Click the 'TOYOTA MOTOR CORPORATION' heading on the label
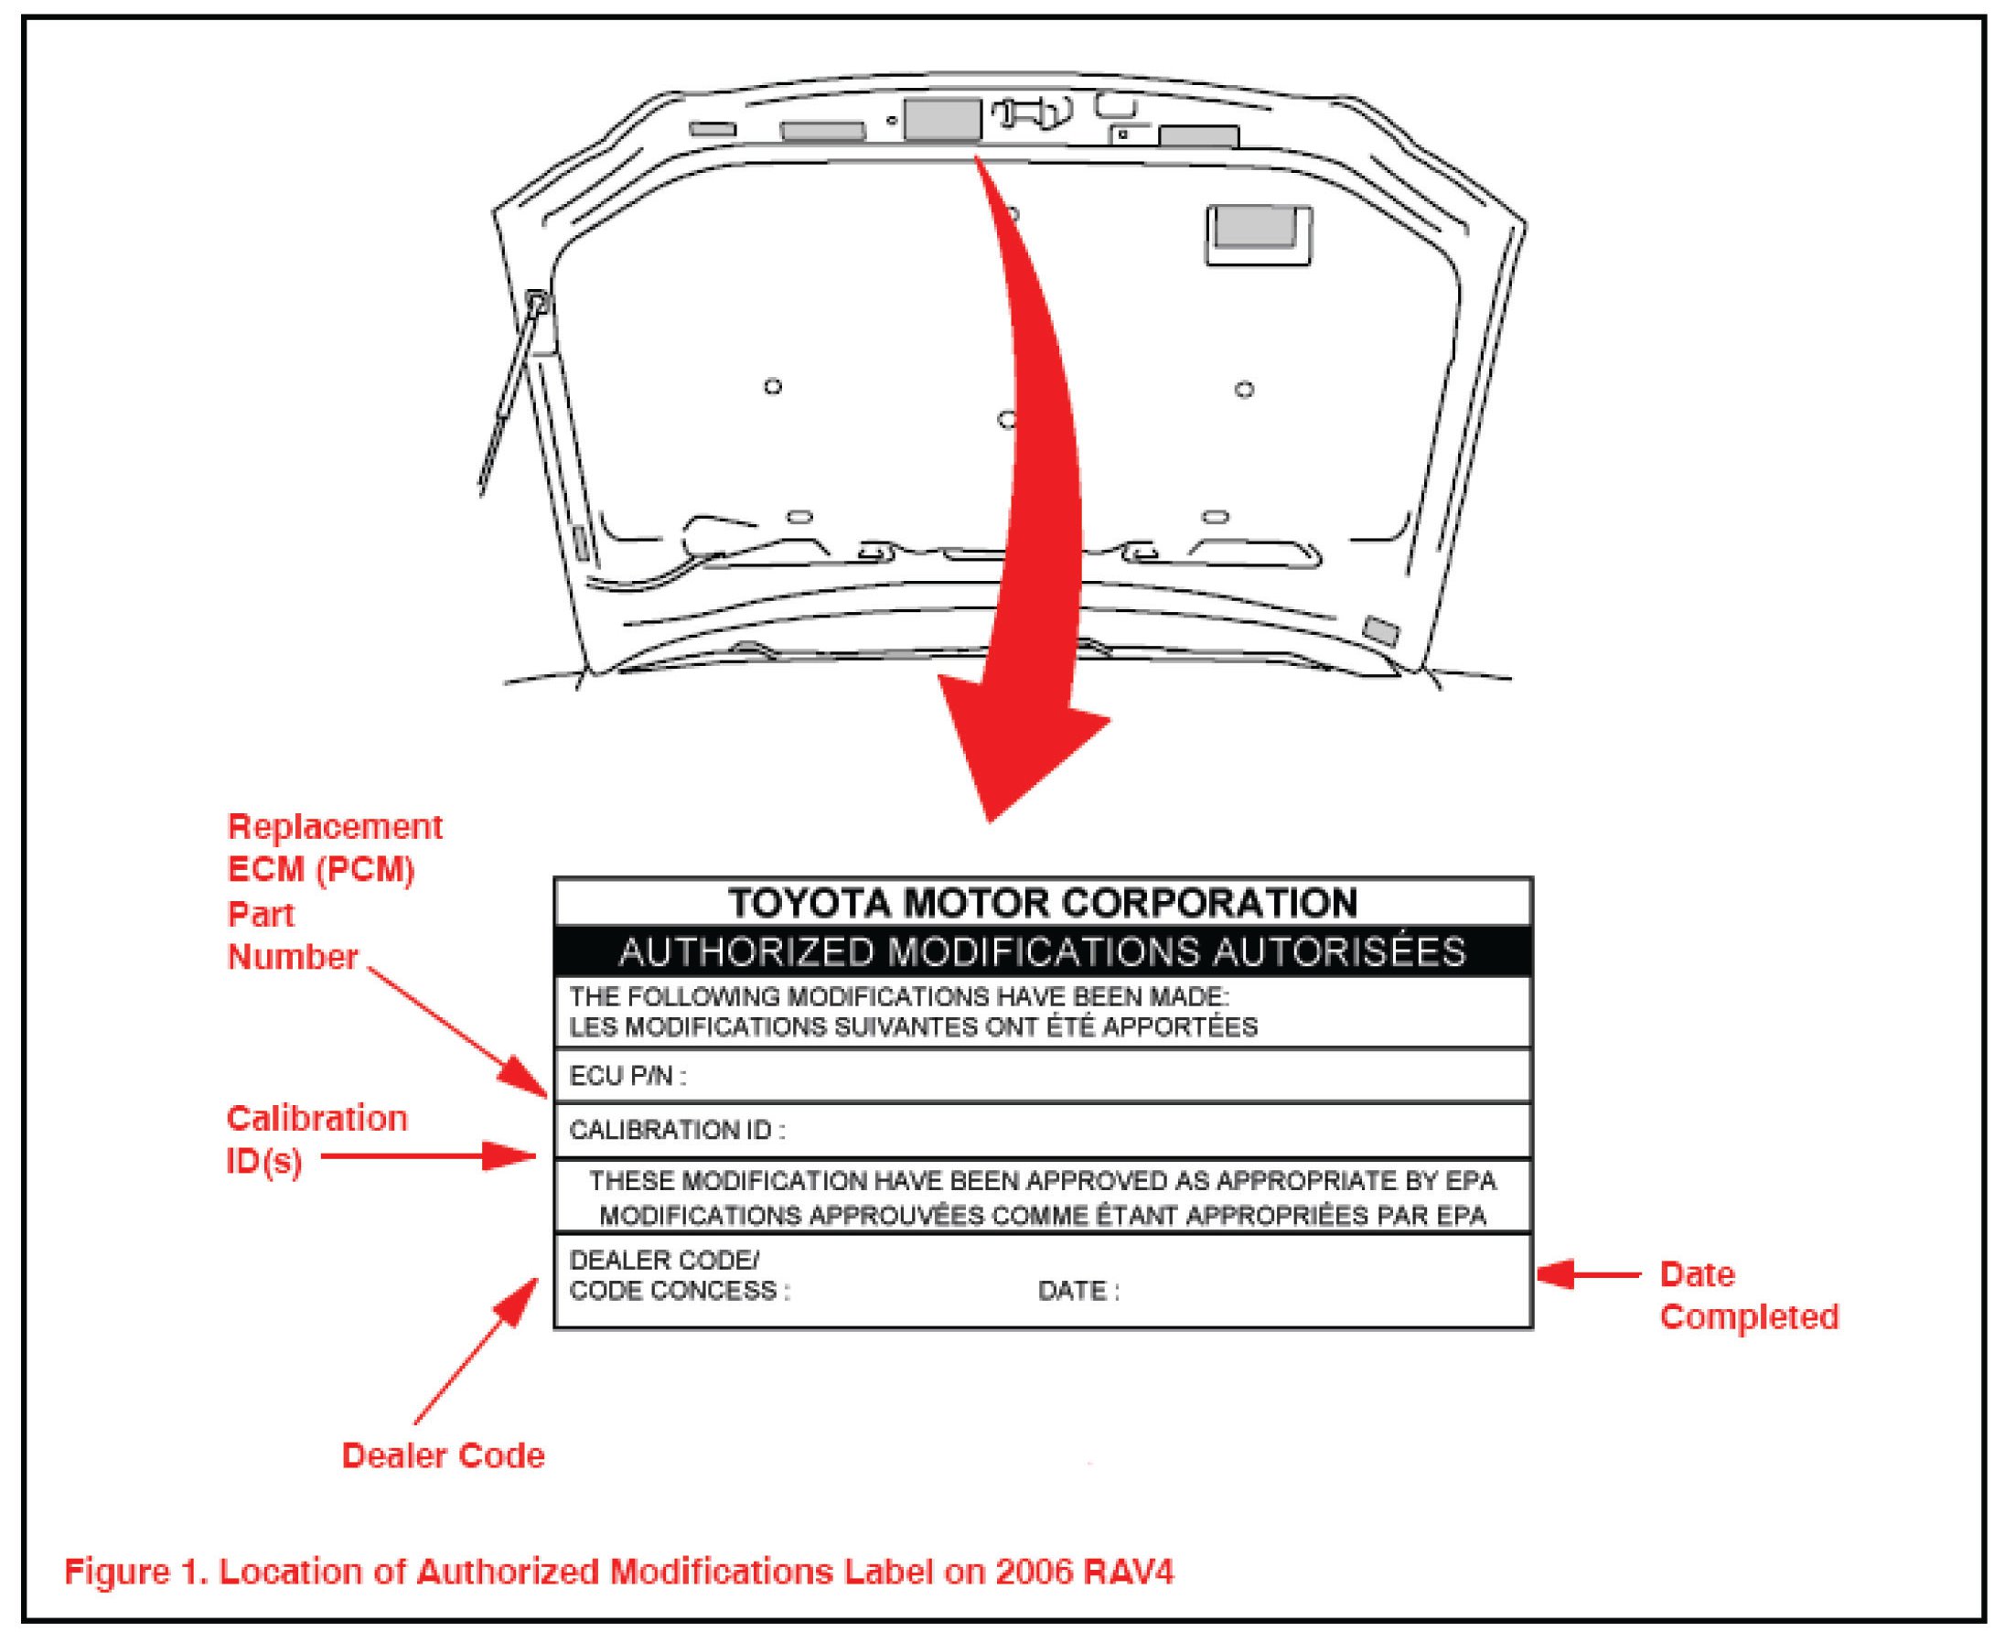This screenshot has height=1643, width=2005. (1042, 903)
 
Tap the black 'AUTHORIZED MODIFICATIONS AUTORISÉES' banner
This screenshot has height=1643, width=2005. (1042, 951)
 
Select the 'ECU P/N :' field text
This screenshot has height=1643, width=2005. (627, 1076)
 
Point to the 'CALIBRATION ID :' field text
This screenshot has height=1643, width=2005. (677, 1130)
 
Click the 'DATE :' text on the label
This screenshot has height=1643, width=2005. (1078, 1291)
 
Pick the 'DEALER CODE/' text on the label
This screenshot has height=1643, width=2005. (663, 1261)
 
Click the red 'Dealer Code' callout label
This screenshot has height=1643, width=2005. (443, 1455)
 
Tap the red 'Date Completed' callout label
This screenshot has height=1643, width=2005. (1749, 1295)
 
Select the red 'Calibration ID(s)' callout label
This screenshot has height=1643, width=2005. (316, 1140)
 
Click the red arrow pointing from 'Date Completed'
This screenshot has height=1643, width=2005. (1590, 1274)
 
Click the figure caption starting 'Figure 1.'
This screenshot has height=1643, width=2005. (619, 1572)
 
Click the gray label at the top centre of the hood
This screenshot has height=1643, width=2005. (941, 119)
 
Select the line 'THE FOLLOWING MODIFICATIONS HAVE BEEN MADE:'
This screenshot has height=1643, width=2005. (899, 996)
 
